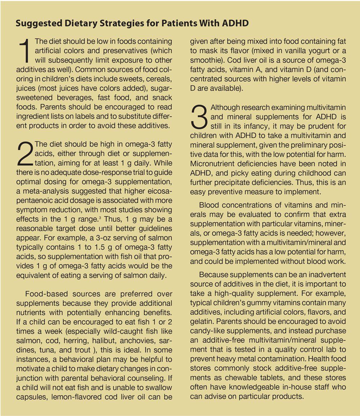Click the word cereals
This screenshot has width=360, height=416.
pyautogui.click(x=158, y=79)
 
